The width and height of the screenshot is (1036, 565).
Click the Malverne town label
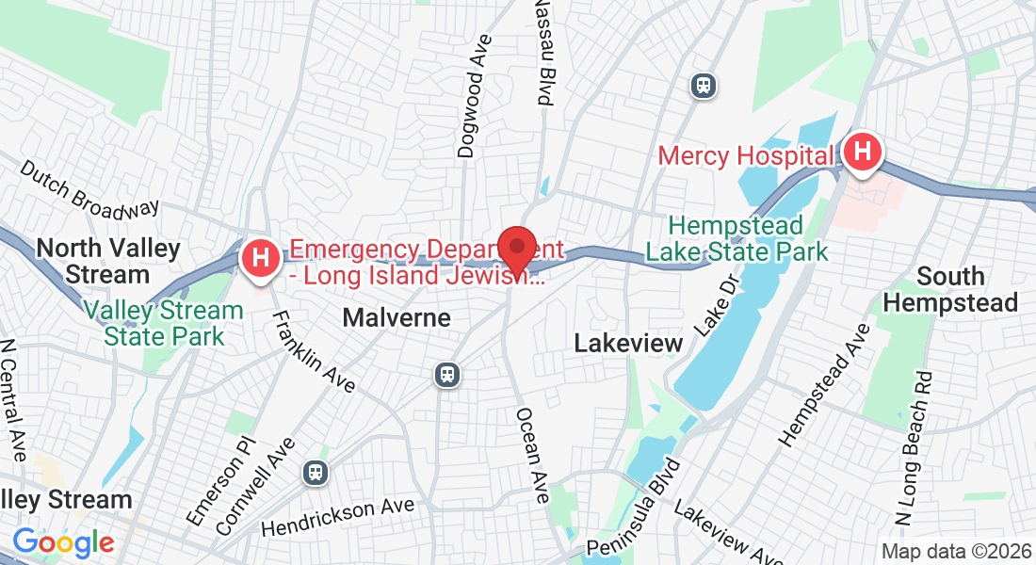pyautogui.click(x=397, y=317)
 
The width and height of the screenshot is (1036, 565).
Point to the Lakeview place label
pyautogui.click(x=628, y=344)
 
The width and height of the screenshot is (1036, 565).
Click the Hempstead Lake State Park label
pyautogui.click(x=737, y=239)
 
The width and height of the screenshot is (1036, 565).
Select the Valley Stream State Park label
pyautogui.click(x=164, y=323)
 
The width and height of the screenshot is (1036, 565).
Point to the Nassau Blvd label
pyautogui.click(x=543, y=52)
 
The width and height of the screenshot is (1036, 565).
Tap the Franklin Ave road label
pyautogui.click(x=313, y=350)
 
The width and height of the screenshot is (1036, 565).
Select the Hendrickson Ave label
pyautogui.click(x=338, y=517)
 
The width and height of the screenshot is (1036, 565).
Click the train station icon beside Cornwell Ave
pyautogui.click(x=315, y=473)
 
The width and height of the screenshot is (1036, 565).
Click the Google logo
pyautogui.click(x=63, y=542)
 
